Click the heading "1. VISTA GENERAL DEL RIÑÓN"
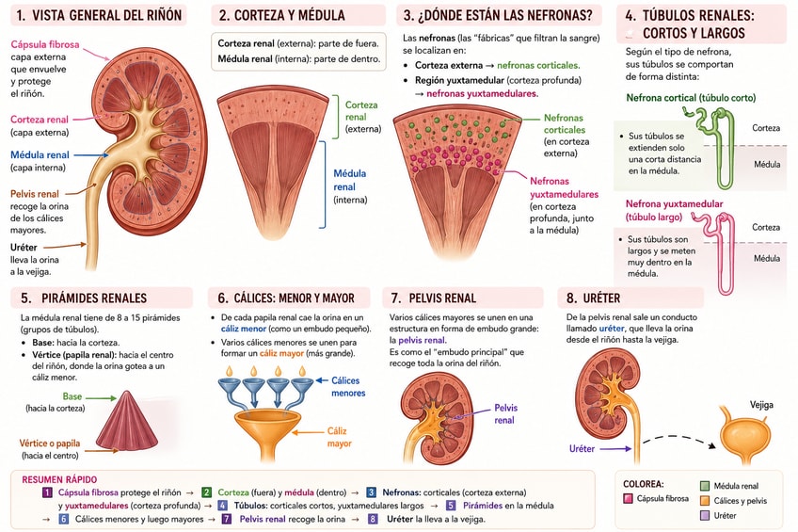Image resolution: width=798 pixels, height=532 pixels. click(99, 15)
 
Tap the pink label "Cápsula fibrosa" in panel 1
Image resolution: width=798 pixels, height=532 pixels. click(45, 44)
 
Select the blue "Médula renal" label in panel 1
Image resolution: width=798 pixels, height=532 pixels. click(40, 154)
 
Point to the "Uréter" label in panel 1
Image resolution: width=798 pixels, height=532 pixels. click(24, 248)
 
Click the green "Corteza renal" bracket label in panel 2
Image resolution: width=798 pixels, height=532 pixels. click(361, 110)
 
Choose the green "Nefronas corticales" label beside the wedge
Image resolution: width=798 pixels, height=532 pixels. click(564, 123)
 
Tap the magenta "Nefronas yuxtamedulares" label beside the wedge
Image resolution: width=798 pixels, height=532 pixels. click(564, 187)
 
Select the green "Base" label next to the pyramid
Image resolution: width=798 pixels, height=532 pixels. click(72, 396)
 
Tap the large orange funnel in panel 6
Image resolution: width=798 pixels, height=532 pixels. click(266, 434)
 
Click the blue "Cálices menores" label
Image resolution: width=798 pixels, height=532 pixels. click(348, 387)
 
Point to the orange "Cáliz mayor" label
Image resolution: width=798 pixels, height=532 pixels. click(339, 437)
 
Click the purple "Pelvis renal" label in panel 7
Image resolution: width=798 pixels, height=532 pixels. click(504, 414)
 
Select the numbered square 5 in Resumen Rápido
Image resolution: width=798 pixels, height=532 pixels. click(451, 506)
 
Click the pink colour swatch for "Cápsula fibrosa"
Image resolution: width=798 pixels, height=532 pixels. click(628, 498)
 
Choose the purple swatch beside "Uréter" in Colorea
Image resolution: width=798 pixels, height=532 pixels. click(705, 515)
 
